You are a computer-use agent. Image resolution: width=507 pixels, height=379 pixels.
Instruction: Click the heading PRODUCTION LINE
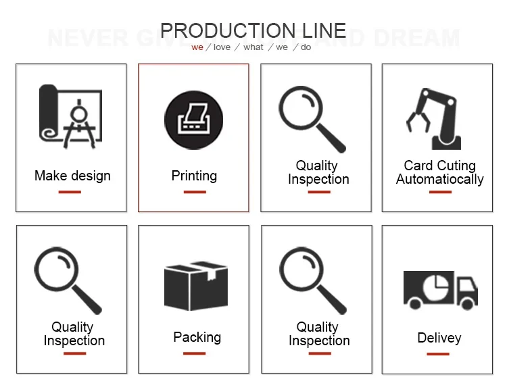pos(254,30)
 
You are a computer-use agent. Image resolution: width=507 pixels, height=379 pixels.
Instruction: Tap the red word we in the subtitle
pos(197,47)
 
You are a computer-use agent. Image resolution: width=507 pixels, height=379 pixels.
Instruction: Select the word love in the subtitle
pos(222,47)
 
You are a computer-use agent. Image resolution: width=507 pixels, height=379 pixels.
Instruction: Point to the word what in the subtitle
pos(254,47)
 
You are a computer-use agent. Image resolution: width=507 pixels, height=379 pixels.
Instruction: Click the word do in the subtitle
pos(306,47)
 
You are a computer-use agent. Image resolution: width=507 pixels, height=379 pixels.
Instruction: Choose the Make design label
pos(72,176)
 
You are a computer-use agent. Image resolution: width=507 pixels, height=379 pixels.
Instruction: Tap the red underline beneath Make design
pos(70,192)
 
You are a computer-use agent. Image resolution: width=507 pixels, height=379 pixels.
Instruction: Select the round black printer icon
pos(194,120)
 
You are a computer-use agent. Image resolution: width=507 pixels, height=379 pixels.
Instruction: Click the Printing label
pos(194,176)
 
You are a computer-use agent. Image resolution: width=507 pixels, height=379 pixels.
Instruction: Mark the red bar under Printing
pos(194,192)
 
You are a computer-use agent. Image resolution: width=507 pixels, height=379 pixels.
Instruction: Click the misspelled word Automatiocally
pos(440,180)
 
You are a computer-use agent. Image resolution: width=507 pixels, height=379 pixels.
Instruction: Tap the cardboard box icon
pos(196,286)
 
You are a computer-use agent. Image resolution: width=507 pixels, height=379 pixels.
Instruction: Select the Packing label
pos(197,337)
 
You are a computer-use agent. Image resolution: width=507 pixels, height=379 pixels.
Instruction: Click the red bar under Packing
pos(195,353)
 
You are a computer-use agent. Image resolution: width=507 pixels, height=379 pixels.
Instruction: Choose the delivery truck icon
pos(440,289)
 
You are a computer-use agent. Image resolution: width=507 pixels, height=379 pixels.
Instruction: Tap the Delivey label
pos(439,338)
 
